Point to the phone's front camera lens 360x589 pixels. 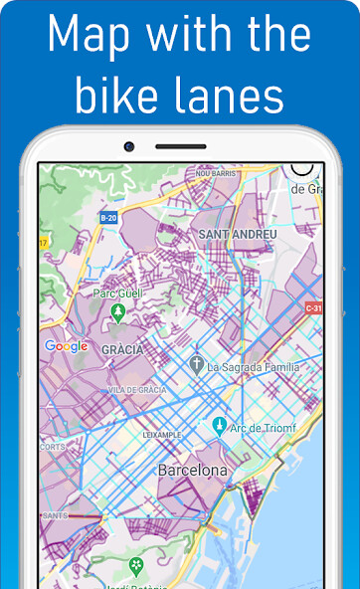tap(129, 147)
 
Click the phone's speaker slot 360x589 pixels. tap(180, 147)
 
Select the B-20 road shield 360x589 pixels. tap(108, 217)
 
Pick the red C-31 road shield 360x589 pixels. tap(313, 307)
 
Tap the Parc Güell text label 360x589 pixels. tap(118, 294)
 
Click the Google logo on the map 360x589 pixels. tap(67, 346)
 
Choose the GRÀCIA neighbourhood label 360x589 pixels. tap(122, 349)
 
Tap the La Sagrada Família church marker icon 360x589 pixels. tap(197, 365)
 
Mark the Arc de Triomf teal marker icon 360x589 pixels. tap(219, 428)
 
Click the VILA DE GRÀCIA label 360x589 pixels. tap(138, 390)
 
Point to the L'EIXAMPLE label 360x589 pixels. tap(161, 435)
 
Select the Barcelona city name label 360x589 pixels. tap(192, 469)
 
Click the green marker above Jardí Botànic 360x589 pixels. tap(136, 566)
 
